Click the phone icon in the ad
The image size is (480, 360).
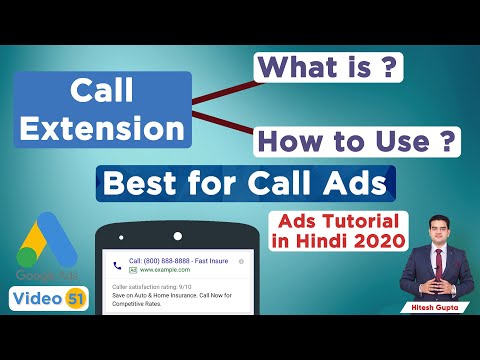118,266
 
